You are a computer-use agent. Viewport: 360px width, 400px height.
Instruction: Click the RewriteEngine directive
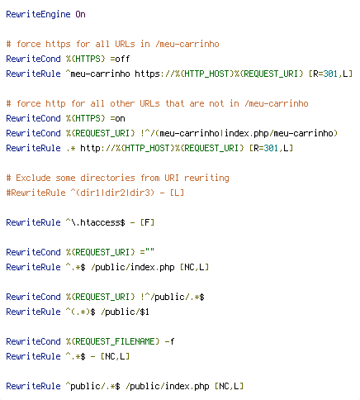tap(38, 14)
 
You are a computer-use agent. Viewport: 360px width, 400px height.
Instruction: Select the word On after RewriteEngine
tap(80, 14)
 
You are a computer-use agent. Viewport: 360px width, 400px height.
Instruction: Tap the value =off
tap(120, 59)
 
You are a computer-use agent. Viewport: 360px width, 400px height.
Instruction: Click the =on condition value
tap(117, 118)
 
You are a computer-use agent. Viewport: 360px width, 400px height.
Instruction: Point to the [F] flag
tap(147, 222)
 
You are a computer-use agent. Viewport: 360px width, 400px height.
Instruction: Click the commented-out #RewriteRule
tap(36, 193)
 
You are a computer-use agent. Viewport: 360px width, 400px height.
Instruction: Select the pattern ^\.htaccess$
tap(95, 222)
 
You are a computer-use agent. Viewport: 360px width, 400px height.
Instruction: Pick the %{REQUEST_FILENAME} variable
tap(113, 341)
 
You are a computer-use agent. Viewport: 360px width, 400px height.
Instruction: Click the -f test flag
tap(169, 341)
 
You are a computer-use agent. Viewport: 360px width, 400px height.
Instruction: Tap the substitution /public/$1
tap(125, 312)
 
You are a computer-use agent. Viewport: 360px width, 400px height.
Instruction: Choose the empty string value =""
tap(147, 252)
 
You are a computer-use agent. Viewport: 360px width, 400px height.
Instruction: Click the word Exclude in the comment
tap(33, 178)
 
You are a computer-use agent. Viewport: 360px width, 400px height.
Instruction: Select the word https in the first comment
tap(58, 44)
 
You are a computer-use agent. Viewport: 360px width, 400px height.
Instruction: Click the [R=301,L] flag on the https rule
tap(330, 74)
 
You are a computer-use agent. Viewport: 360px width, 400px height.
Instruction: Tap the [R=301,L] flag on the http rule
tap(271, 148)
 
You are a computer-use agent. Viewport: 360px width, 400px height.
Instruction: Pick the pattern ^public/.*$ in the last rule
tap(93, 386)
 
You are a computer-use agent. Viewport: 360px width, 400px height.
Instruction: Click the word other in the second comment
tap(122, 103)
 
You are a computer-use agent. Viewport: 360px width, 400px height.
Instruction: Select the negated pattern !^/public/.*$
tap(173, 297)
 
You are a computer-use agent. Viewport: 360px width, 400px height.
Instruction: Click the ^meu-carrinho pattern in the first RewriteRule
tap(97, 74)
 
